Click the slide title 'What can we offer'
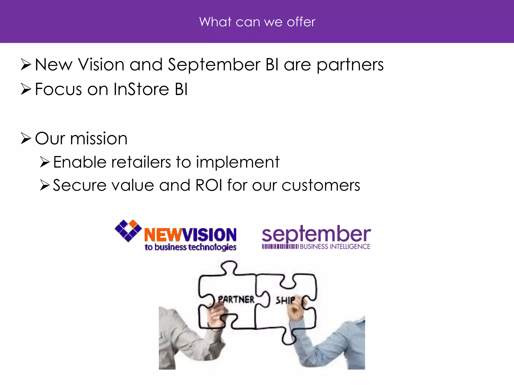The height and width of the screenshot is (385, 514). (x=257, y=22)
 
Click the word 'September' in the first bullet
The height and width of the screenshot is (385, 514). (x=214, y=65)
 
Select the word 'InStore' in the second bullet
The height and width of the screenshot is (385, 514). (x=141, y=89)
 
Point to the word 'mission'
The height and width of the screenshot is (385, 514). (x=99, y=139)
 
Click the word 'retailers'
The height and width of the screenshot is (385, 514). (x=141, y=162)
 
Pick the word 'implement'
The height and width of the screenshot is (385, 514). (x=237, y=162)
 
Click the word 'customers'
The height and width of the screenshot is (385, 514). (x=321, y=185)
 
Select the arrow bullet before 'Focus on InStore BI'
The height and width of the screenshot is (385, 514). (x=26, y=89)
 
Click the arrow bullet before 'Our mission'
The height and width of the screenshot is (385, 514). (x=26, y=139)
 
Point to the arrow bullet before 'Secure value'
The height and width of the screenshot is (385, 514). (x=45, y=185)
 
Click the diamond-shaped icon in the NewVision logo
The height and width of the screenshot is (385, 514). (x=128, y=231)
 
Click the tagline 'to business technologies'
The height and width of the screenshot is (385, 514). (x=190, y=247)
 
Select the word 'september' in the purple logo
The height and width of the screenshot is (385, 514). (x=316, y=234)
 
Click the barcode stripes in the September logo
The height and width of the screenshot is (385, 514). (x=280, y=247)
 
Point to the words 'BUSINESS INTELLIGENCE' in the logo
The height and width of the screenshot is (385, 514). (x=335, y=247)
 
